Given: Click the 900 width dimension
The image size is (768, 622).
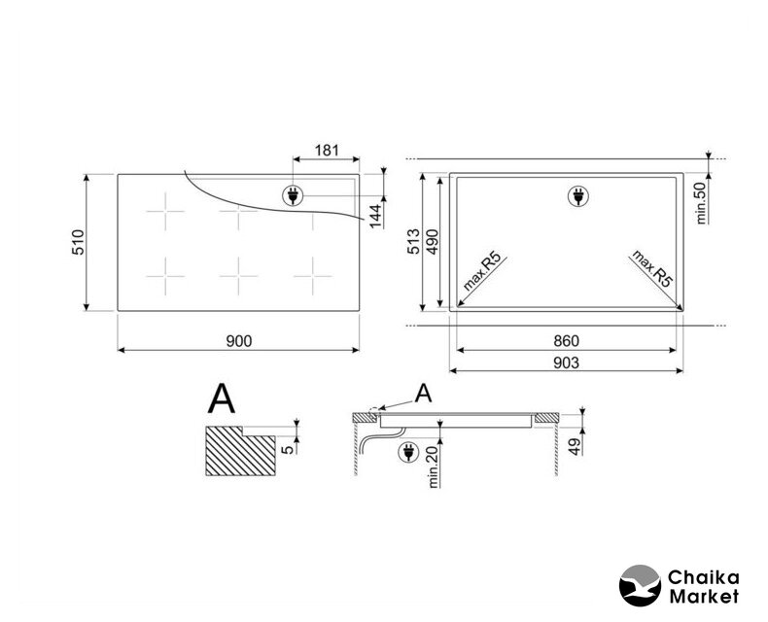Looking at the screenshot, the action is point(239,341).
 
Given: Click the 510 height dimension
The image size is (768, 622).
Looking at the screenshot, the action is point(79,242).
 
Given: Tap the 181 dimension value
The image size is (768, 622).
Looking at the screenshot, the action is point(327,150).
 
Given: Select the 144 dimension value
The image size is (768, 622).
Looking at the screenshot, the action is point(375,216).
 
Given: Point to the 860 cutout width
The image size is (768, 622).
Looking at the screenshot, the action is point(566,341).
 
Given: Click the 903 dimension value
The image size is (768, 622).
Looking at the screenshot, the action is point(566,363).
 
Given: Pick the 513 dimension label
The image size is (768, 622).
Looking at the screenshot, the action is point(414,241).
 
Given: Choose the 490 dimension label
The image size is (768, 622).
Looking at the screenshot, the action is point(432,241).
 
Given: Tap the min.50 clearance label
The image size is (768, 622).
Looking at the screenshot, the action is point(701,203).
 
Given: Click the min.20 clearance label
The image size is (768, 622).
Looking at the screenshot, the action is point(433,466).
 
